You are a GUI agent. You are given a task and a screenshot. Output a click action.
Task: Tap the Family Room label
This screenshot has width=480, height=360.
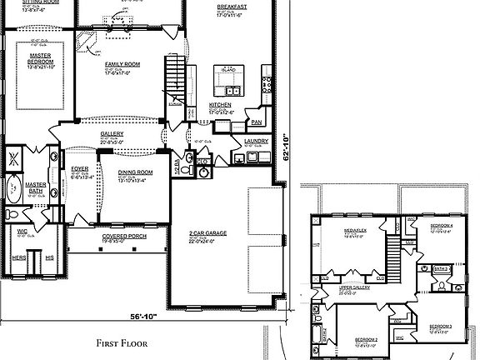pos(122,64)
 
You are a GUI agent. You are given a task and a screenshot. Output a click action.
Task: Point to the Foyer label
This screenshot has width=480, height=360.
pos(80,169)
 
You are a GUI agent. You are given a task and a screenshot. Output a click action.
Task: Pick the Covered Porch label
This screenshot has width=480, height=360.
pos(119,236)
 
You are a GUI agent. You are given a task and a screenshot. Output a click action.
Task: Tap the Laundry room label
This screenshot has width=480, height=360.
pos(257,142)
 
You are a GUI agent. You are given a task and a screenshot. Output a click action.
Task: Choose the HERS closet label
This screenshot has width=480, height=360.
pos(18,257)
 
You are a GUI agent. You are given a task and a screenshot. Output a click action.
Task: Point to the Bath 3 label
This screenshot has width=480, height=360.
pos(442,268)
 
